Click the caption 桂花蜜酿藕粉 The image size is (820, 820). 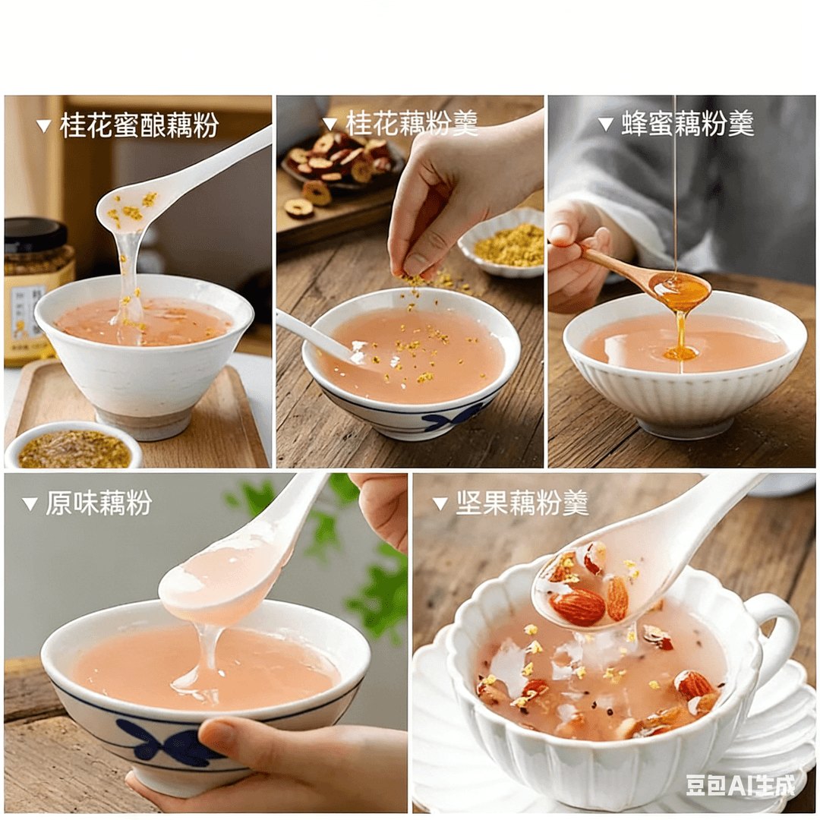[139, 125]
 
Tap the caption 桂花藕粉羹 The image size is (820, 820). [412, 124]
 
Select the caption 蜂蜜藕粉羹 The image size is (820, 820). [688, 124]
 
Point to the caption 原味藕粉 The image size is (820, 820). [99, 503]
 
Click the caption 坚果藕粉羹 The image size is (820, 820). [522, 503]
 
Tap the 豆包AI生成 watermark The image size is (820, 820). [740, 784]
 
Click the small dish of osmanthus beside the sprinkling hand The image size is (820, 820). [502, 247]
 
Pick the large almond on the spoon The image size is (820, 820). [579, 607]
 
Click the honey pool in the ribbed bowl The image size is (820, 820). [680, 355]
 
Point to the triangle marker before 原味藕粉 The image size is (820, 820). [30, 503]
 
